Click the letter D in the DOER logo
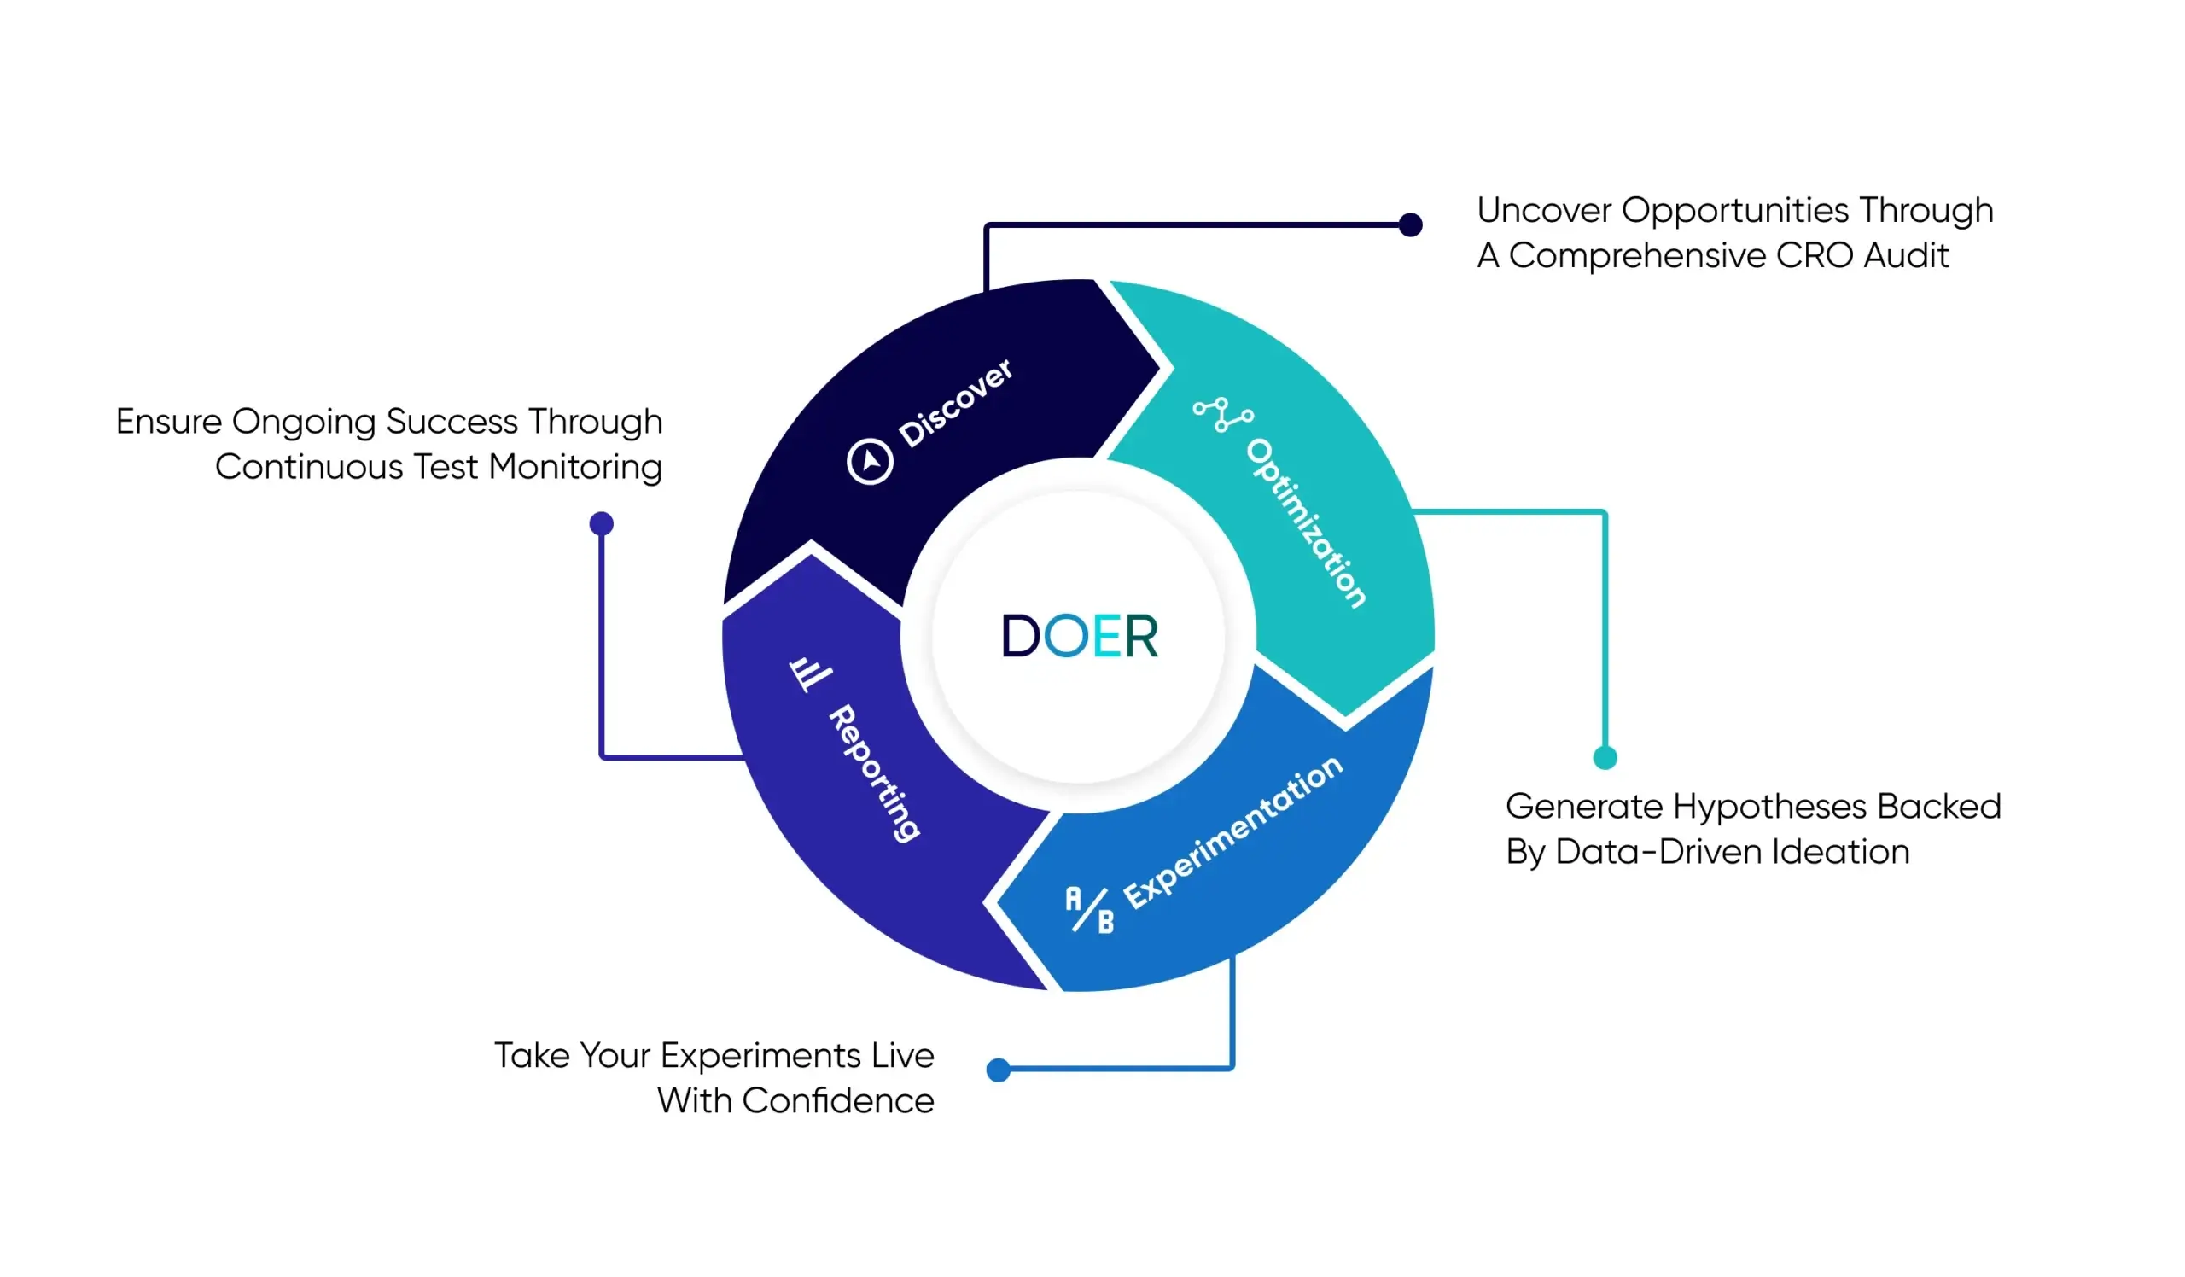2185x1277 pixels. (1021, 636)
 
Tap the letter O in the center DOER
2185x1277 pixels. (1066, 636)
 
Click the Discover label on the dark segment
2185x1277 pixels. (954, 403)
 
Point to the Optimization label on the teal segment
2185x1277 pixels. (1306, 522)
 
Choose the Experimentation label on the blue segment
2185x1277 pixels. (1233, 832)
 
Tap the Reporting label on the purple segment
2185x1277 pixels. (874, 773)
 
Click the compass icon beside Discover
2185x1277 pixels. (870, 460)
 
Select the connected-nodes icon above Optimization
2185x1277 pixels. (1222, 415)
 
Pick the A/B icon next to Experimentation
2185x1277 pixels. (1089, 909)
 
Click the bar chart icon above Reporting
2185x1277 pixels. (810, 673)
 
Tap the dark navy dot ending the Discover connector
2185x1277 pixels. (1411, 224)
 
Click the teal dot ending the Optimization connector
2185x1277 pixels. (1605, 758)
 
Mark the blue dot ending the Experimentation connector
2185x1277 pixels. (998, 1070)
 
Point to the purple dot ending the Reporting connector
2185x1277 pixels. (601, 523)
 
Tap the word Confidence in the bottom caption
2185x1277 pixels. (837, 1101)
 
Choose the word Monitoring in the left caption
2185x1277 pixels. (576, 468)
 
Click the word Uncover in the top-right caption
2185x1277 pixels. (1544, 210)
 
